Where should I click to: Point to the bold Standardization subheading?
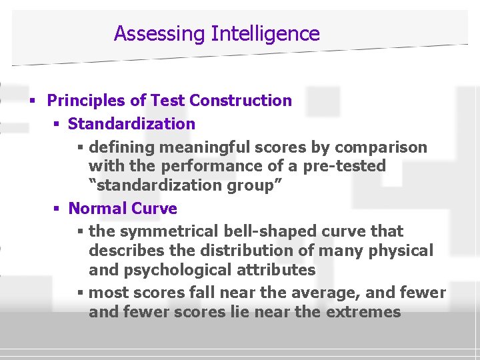pyautogui.click(x=131, y=124)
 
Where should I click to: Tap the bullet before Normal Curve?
pyautogui.click(x=57, y=209)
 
